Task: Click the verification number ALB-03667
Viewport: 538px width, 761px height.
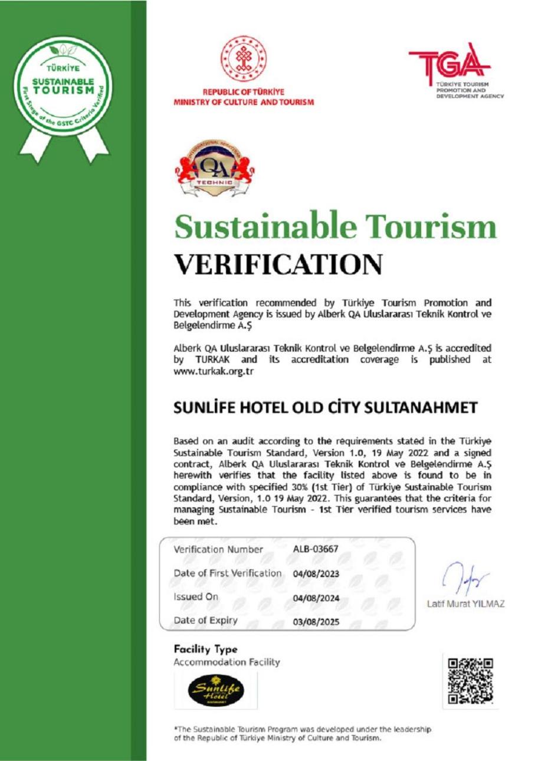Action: [316, 550]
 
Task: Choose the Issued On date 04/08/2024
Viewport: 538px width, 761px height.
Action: [316, 598]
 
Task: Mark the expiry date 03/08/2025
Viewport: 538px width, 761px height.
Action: [316, 621]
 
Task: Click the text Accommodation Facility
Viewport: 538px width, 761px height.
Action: [227, 662]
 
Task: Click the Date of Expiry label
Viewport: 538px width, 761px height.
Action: [206, 621]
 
